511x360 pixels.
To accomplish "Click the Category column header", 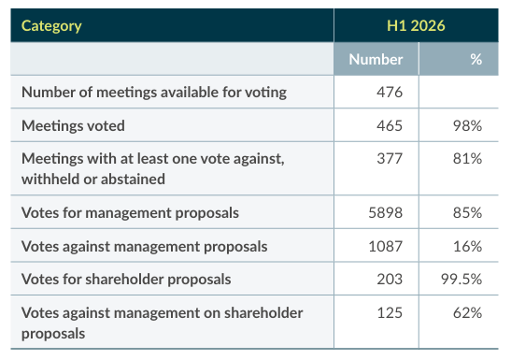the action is click(51, 26).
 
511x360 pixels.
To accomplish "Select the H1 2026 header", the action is click(416, 26).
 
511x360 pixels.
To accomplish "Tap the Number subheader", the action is click(376, 59).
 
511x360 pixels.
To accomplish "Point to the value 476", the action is click(390, 93).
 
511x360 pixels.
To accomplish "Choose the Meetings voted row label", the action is click(73, 126).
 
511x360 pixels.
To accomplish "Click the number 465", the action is click(390, 126).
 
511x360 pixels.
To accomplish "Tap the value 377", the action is click(390, 159).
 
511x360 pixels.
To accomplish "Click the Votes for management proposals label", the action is click(130, 213).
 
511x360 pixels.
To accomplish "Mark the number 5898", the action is click(386, 213).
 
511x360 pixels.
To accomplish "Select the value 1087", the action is click(386, 247).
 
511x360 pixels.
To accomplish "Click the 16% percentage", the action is click(467, 247).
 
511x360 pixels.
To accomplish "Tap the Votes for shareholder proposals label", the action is click(126, 280).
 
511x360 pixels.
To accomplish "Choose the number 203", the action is click(390, 280).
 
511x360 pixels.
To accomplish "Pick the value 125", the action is click(390, 313).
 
